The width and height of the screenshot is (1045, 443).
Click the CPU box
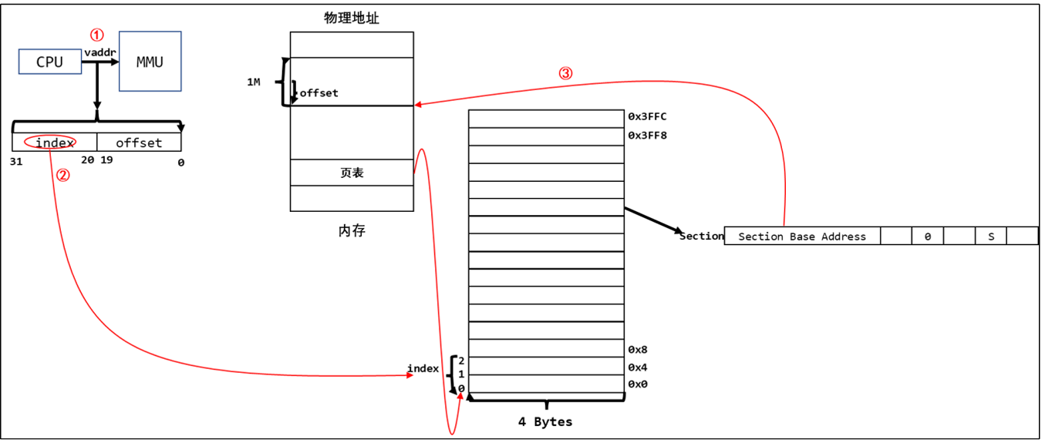click(x=49, y=62)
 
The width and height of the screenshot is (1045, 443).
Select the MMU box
click(x=150, y=62)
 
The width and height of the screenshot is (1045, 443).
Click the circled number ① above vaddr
click(x=96, y=35)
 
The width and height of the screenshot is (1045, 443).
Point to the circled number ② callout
click(x=64, y=175)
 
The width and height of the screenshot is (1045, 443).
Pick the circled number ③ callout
click(x=565, y=74)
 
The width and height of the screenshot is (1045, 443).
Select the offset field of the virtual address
click(x=139, y=143)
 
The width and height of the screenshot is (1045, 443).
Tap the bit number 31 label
click(x=17, y=162)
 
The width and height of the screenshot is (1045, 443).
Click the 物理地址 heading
click(x=352, y=18)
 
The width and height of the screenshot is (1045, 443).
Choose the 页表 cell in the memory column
click(x=352, y=173)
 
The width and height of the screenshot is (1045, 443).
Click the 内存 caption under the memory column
click(x=352, y=230)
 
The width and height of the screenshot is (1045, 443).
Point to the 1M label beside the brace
click(x=253, y=82)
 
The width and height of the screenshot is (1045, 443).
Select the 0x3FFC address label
click(x=646, y=117)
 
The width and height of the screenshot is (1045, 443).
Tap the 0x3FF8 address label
click(x=646, y=136)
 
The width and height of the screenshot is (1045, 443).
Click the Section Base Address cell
click(x=802, y=237)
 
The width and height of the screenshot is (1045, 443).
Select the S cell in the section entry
click(x=991, y=237)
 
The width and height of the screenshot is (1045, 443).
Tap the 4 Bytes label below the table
click(x=545, y=421)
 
